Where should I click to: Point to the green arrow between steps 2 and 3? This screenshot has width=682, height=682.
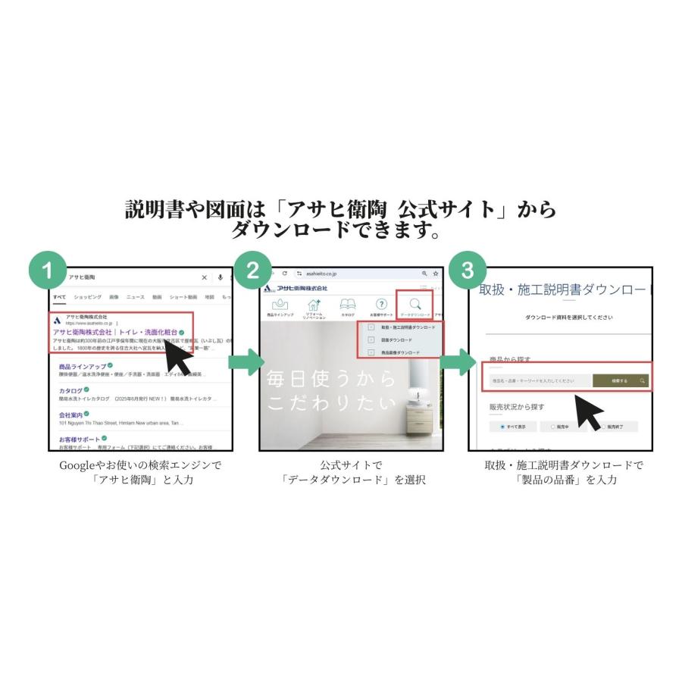coord(455,362)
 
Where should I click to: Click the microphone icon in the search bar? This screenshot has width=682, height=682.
coord(220,277)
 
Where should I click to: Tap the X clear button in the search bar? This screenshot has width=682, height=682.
coord(204,277)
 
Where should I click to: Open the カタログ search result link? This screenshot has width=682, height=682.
coord(70,390)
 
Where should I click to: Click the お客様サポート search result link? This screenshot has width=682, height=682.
coord(79,439)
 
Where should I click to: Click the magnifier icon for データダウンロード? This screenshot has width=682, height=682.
coord(415,303)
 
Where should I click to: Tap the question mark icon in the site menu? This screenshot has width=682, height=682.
coord(382,303)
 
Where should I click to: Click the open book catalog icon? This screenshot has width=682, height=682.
coord(348,303)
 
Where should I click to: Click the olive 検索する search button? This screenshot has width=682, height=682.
coord(620,380)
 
